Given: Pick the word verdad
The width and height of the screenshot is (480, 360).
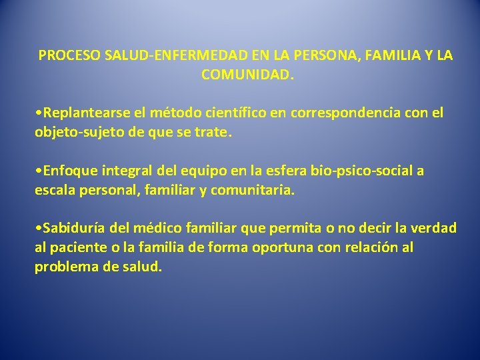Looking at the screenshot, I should tap(434, 228).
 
